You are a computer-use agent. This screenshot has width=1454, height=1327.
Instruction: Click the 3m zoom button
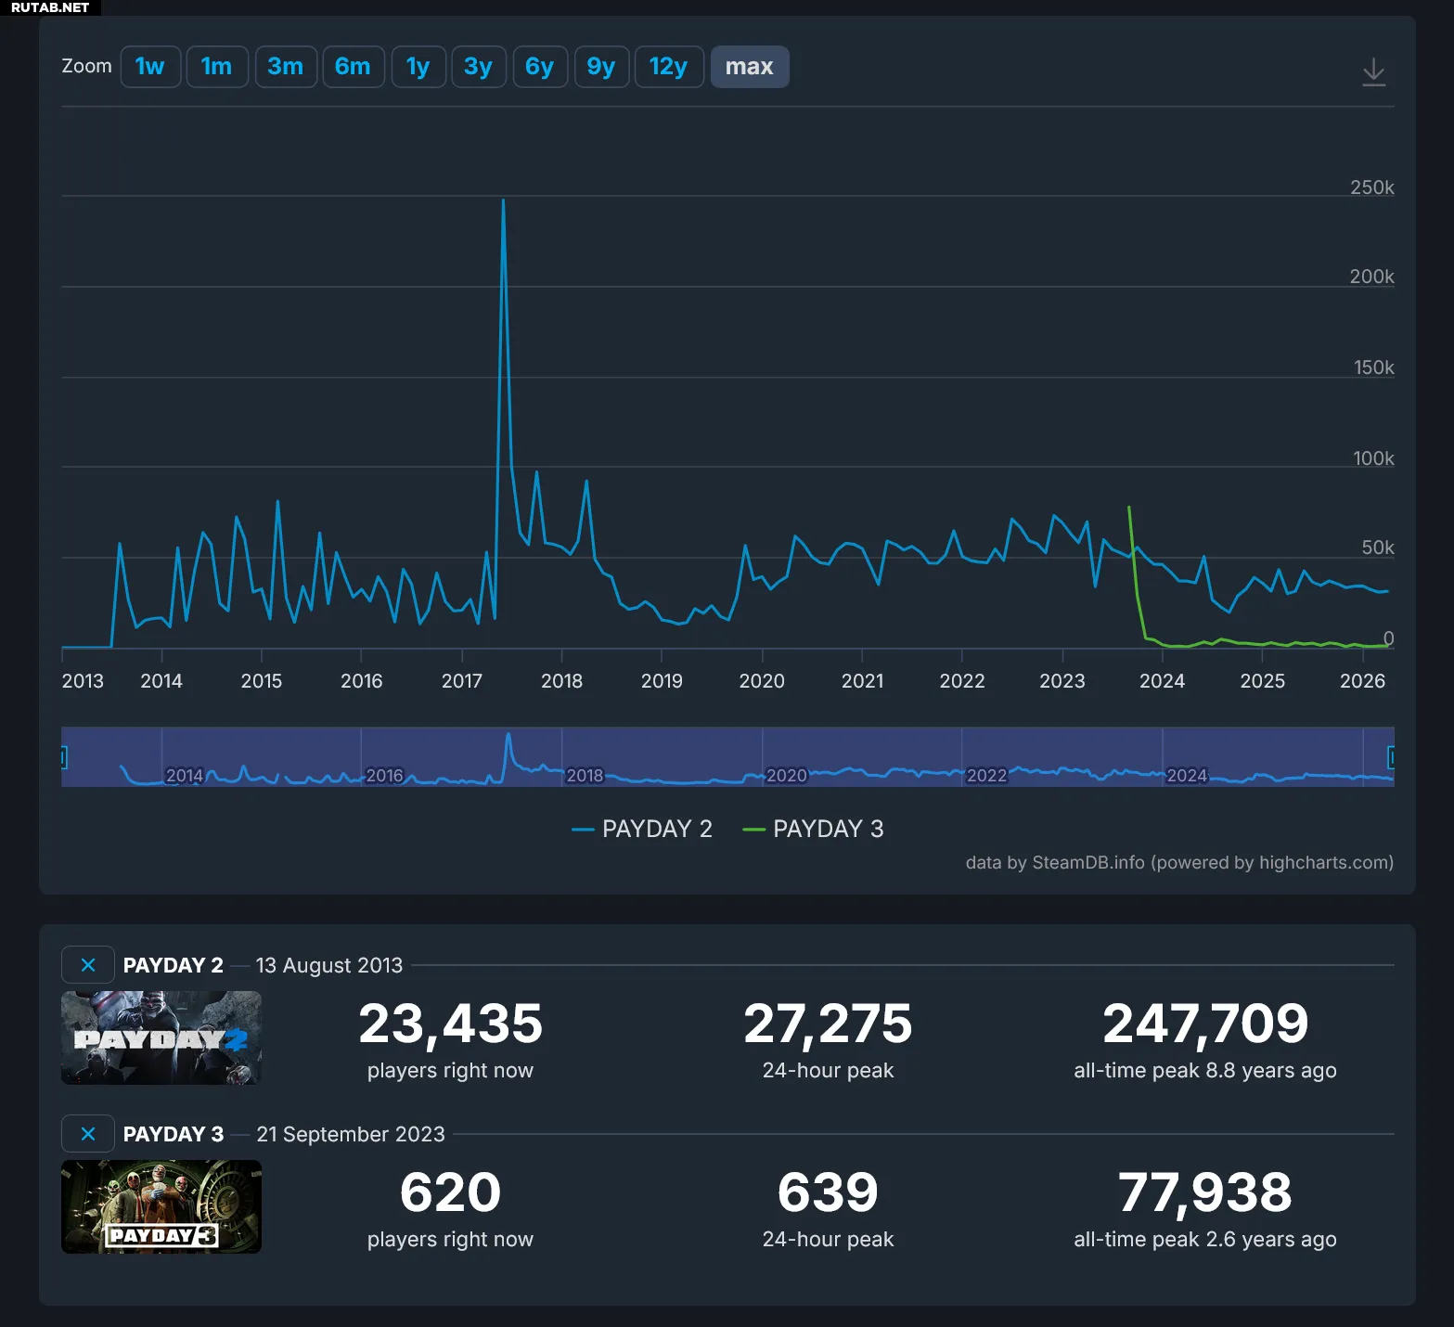(x=285, y=67)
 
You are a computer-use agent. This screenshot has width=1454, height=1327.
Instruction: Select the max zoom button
(x=749, y=67)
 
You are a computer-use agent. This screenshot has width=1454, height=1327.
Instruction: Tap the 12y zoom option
(x=668, y=67)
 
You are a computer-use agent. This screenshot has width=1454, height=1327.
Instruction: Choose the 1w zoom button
(x=149, y=67)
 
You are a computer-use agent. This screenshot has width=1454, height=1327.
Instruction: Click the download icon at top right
(x=1373, y=71)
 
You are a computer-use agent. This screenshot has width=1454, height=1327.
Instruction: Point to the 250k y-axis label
(x=1371, y=187)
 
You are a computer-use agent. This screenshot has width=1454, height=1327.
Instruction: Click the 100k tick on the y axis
(x=1373, y=458)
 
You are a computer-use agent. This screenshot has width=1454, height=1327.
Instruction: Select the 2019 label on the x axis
(x=662, y=681)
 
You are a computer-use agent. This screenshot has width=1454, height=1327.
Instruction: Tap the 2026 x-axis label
(x=1362, y=681)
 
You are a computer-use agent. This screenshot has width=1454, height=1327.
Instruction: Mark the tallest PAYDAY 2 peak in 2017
(x=503, y=200)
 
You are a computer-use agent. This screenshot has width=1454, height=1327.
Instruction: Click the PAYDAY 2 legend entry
(x=642, y=829)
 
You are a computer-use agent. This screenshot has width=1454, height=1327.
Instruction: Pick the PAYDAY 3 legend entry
(x=814, y=829)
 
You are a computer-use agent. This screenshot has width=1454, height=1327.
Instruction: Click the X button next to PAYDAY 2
(x=88, y=965)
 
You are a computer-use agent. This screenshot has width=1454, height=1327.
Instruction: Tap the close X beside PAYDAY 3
(x=88, y=1134)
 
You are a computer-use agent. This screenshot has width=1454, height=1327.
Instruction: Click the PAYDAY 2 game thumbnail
(x=161, y=1037)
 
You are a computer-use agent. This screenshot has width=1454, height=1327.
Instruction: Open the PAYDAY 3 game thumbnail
(x=161, y=1206)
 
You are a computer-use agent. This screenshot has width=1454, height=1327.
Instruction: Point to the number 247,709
(x=1204, y=1024)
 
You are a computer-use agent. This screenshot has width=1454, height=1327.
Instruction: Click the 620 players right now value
(x=450, y=1192)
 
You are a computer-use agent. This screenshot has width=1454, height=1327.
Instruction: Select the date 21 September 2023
(x=351, y=1134)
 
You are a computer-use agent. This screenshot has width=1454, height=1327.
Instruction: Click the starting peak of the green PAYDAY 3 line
(x=1128, y=508)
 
